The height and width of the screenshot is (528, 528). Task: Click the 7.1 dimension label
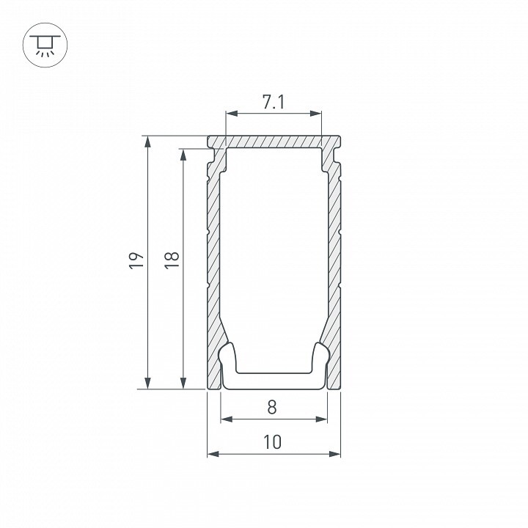pos(273,102)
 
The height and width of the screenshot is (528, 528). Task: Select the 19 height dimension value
pos(136,260)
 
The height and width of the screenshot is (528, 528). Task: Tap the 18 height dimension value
pos(172,260)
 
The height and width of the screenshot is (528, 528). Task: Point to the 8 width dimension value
pos(272,407)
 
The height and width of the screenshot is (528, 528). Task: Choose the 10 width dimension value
pos(272,442)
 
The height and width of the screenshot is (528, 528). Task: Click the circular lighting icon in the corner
pos(45,45)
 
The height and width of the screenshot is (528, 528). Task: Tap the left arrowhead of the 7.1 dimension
pos(232,114)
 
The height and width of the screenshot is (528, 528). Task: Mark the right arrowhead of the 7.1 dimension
pos(315,114)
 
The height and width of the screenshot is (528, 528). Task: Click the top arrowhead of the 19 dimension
pos(147,142)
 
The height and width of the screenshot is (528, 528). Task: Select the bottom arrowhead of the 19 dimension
pos(147,383)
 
